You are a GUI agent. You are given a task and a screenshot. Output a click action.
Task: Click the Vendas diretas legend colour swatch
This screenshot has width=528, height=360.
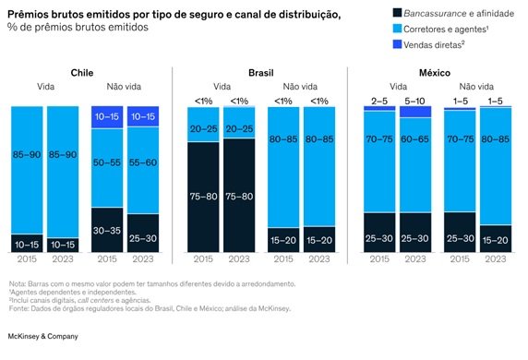[x=397, y=44]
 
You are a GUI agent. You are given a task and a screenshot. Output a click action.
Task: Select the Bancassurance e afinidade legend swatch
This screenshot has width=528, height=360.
[x=397, y=13]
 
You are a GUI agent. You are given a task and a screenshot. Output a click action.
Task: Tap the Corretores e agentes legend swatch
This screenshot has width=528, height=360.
[x=397, y=29]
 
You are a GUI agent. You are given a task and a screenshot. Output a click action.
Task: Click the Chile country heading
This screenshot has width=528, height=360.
[x=82, y=73]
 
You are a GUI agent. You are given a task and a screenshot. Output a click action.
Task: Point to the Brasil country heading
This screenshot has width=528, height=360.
[x=261, y=73]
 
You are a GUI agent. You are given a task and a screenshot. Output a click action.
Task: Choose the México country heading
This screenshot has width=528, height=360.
[x=435, y=73]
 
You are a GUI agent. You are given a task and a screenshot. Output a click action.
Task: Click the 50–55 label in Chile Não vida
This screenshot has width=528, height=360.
[x=107, y=162]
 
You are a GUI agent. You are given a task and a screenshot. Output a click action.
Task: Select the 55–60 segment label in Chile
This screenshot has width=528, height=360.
[x=143, y=162]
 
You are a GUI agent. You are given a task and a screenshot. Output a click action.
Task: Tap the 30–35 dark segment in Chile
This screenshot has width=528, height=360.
[x=107, y=230]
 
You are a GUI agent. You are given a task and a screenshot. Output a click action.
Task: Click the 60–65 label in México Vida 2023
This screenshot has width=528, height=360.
[x=414, y=139]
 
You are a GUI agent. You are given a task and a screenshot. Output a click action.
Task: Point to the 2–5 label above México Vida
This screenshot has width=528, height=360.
[x=379, y=101]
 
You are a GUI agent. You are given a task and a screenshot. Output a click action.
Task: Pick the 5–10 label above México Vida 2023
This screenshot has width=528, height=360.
[x=414, y=101]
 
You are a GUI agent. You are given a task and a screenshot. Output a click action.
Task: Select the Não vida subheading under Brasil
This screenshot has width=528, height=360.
[x=300, y=87]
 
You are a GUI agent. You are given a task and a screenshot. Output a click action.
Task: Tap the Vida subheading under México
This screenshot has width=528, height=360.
[x=398, y=87]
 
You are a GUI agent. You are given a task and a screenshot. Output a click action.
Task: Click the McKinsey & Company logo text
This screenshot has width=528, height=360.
[x=42, y=336]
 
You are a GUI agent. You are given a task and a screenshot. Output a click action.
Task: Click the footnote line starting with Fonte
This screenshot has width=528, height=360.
[x=150, y=308]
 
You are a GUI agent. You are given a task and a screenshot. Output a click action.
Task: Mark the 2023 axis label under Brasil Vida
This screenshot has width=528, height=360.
[x=239, y=258]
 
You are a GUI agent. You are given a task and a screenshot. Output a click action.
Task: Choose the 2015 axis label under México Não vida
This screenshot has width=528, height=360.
[x=460, y=258]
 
